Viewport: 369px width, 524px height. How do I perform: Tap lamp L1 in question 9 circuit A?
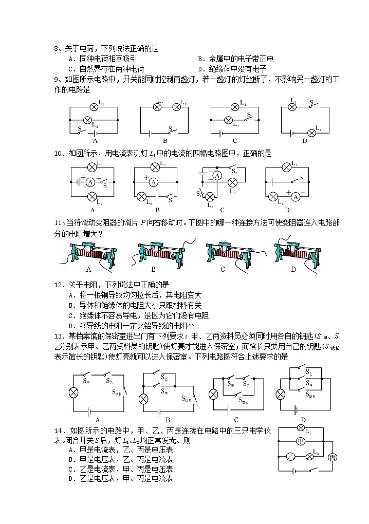pos(94,107)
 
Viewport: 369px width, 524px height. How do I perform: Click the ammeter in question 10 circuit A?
pos(90,181)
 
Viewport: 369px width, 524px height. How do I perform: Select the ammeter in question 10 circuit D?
pos(294,196)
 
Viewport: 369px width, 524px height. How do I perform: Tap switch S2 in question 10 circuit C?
pos(232,170)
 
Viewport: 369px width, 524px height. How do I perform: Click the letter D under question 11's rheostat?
pos(293,269)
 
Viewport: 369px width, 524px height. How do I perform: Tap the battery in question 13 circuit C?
pos(230,409)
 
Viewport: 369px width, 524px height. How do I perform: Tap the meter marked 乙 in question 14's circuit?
pos(291,456)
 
